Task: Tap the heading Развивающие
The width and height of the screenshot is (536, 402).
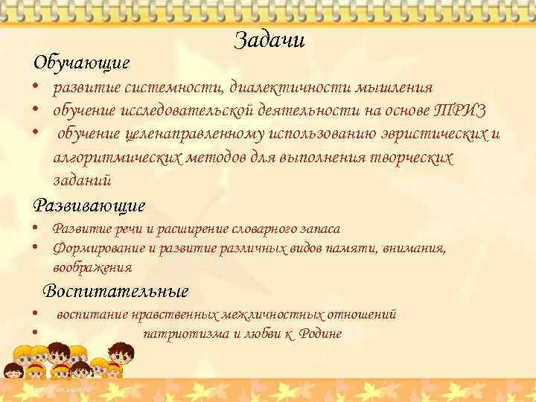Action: [x=89, y=205]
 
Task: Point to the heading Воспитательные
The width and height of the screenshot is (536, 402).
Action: [x=115, y=291]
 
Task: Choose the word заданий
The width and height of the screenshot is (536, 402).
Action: [x=83, y=180]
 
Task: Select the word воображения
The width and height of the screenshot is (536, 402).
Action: [x=92, y=267]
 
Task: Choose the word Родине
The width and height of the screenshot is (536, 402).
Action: [x=320, y=334]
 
